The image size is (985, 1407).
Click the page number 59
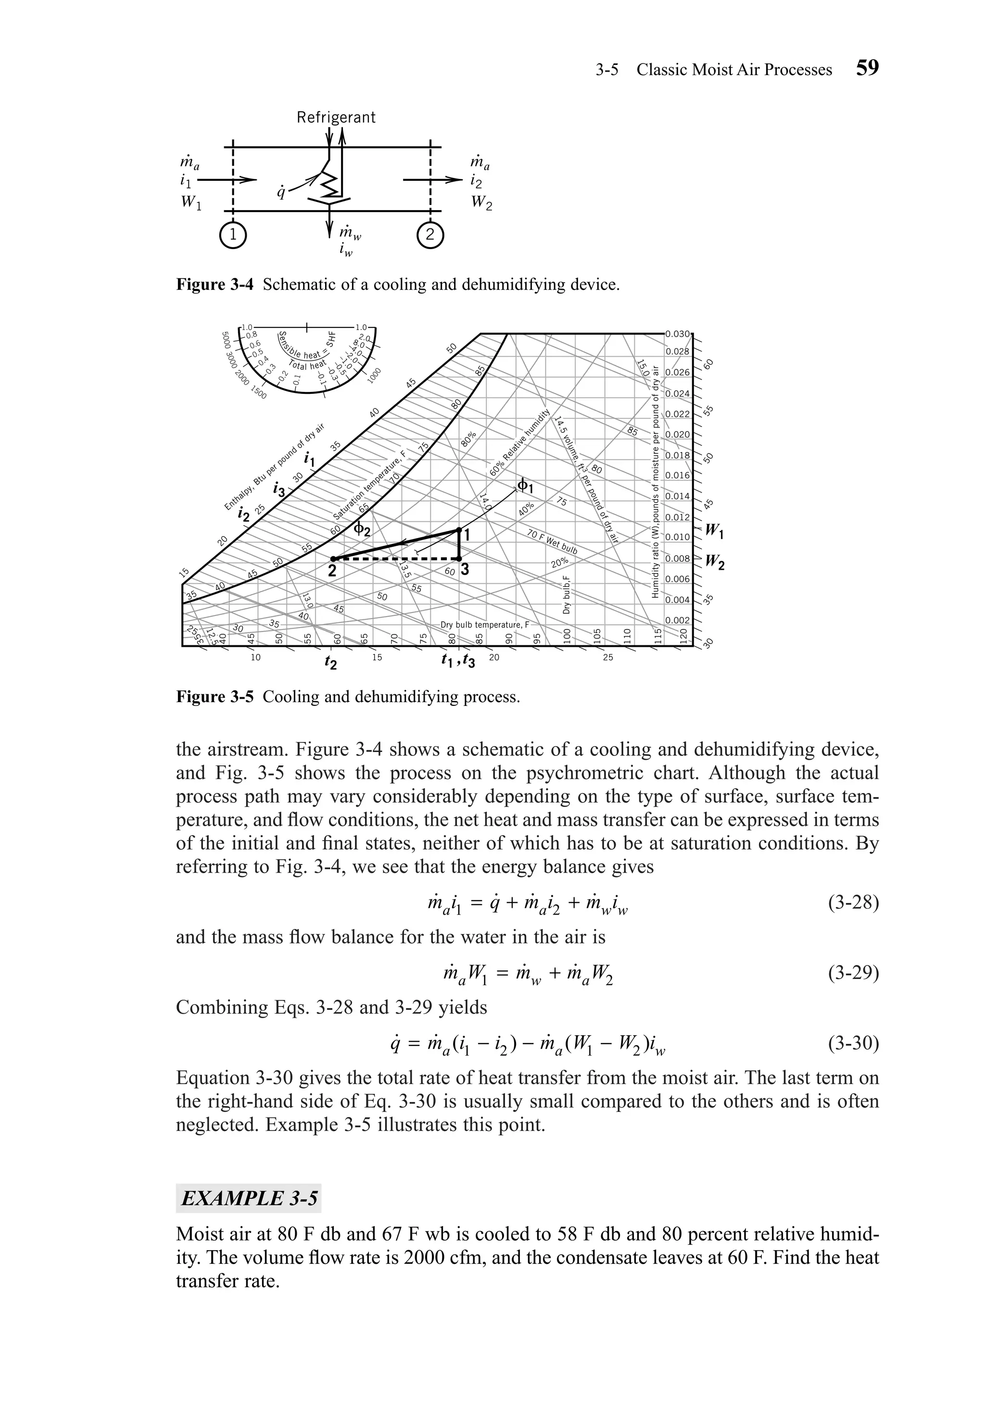point(867,68)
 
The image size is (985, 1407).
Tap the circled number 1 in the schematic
point(232,235)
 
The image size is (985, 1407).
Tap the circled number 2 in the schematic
point(430,235)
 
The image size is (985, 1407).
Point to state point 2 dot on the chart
point(333,559)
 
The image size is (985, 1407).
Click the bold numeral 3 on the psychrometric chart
point(465,569)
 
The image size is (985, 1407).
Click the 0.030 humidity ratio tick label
point(677,335)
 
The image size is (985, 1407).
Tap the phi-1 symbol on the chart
point(526,485)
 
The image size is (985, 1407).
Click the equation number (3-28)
point(853,903)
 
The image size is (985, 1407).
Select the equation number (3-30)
point(853,1043)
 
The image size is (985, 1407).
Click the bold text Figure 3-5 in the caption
point(215,697)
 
